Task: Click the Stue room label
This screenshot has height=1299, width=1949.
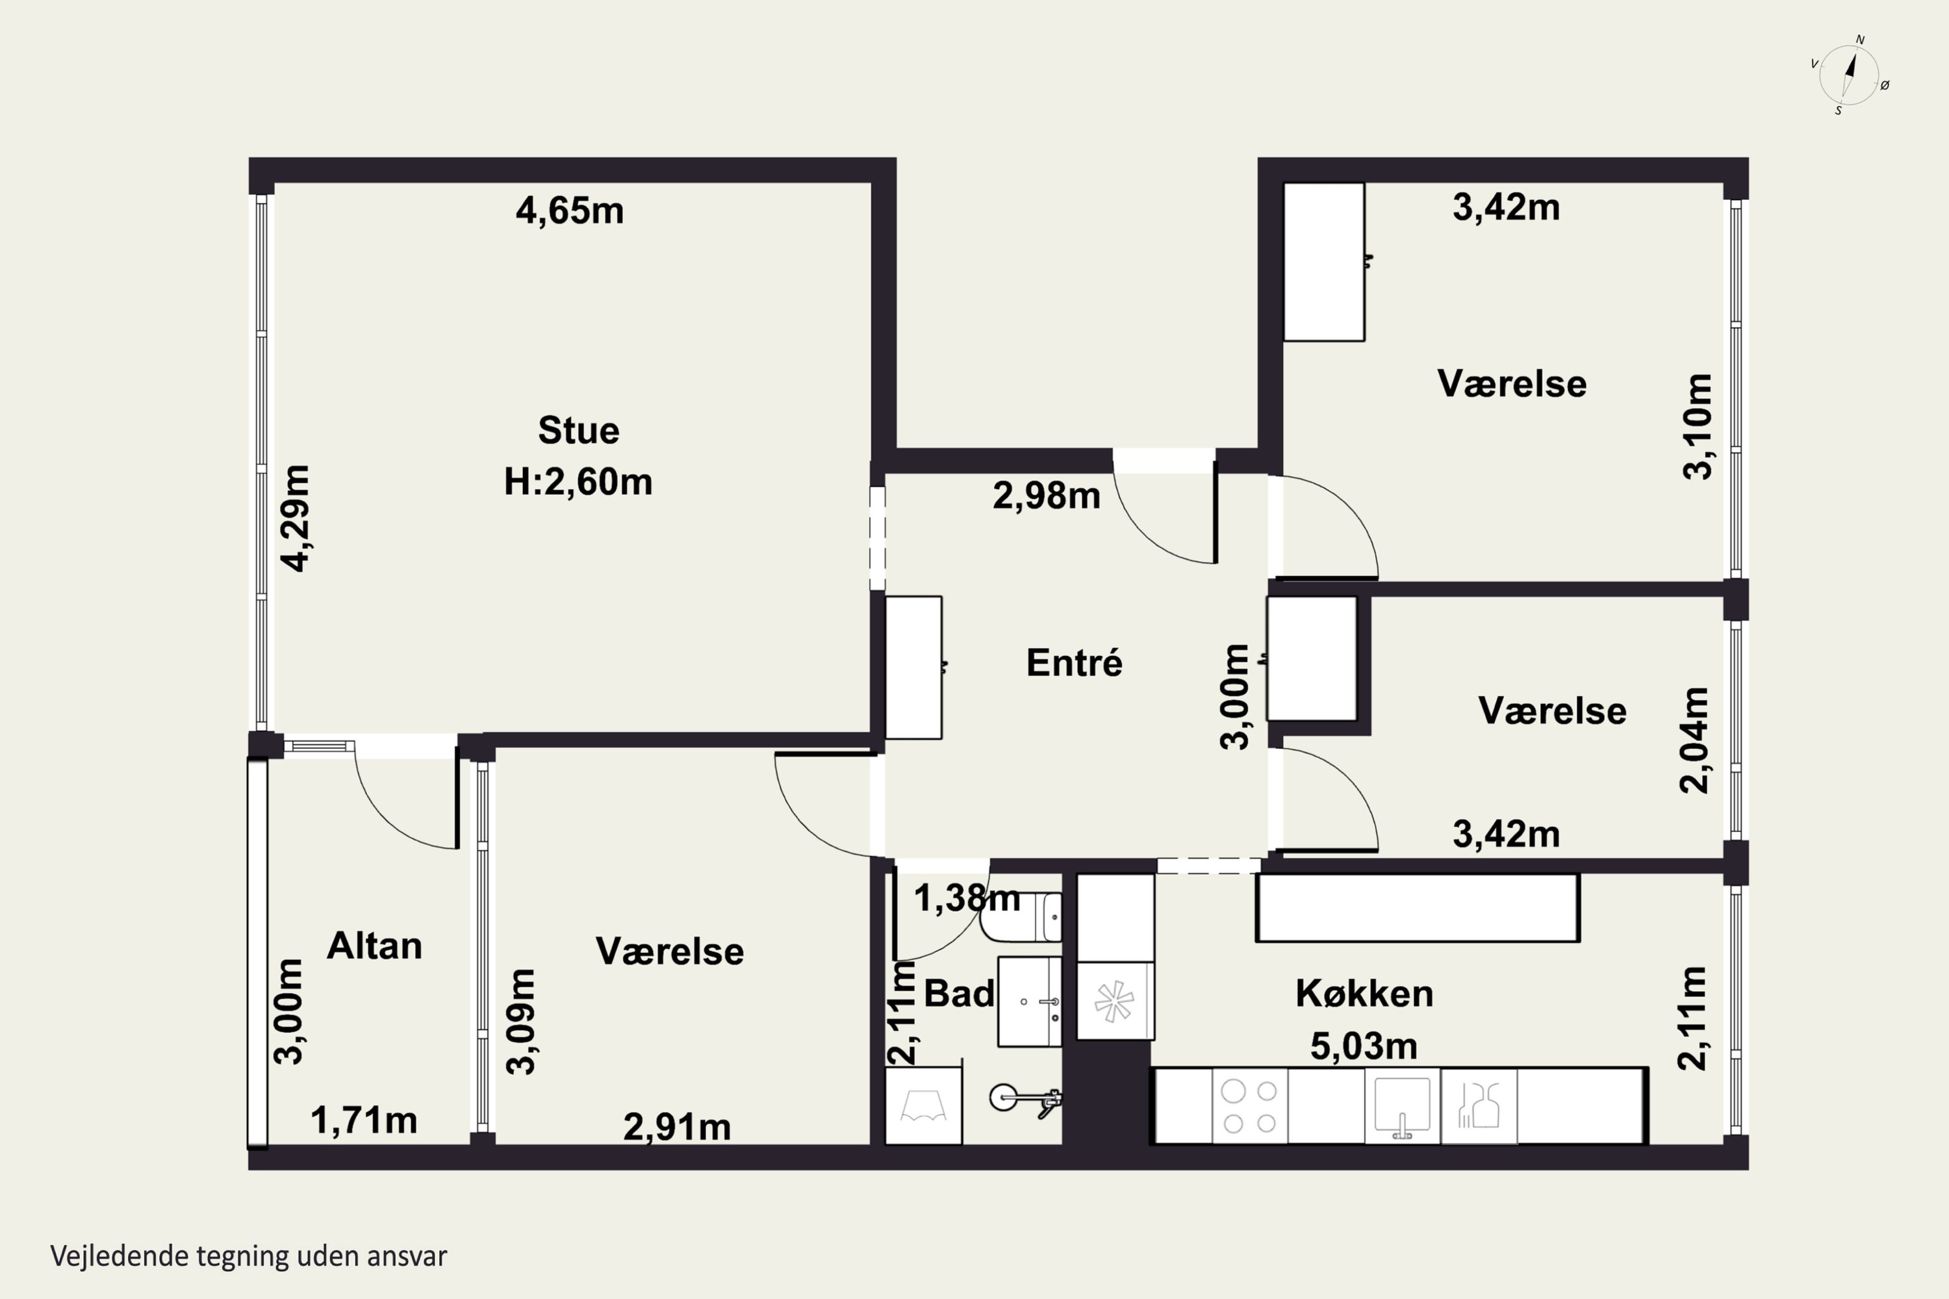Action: (578, 431)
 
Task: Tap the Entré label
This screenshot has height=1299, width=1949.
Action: (1074, 662)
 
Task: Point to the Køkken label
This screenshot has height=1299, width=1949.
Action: (1364, 993)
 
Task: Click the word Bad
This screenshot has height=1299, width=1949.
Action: (959, 993)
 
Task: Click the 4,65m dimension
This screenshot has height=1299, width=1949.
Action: (570, 210)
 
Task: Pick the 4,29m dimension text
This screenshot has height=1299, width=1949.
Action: (295, 518)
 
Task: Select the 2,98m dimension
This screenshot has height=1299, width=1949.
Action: (1047, 496)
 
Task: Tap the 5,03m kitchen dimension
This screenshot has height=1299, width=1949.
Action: (1363, 1046)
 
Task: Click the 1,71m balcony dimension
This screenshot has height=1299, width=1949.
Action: (364, 1121)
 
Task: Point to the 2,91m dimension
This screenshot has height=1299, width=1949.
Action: (677, 1127)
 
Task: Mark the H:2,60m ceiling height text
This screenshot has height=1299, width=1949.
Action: (578, 482)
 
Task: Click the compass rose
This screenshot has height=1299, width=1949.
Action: (1849, 75)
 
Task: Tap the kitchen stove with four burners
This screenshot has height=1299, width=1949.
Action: (1249, 1106)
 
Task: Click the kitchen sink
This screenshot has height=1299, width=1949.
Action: (1402, 1106)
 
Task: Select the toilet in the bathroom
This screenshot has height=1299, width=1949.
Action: (1021, 917)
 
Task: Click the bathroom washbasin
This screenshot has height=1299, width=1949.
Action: (1029, 1002)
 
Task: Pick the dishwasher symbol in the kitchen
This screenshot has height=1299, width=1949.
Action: (1479, 1106)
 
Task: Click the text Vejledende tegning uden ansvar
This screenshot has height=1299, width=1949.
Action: (249, 1256)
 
